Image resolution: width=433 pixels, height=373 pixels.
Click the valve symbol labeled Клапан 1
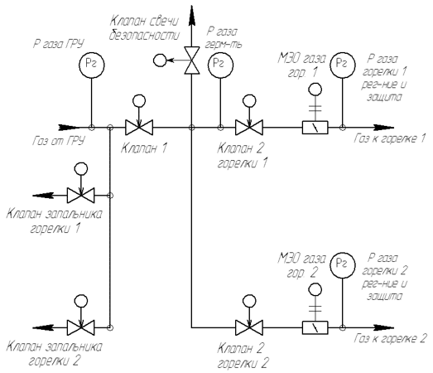(139, 128)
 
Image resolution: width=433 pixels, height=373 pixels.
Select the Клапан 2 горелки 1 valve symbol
(249, 128)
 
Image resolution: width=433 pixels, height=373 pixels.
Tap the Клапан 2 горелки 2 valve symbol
(249, 327)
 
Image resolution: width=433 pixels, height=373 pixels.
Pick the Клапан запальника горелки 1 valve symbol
(81, 196)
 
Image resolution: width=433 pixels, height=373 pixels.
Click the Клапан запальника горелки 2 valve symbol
(81, 327)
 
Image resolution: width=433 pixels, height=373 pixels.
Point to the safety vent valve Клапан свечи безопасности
(191, 60)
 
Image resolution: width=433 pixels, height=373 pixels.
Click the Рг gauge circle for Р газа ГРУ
(92, 65)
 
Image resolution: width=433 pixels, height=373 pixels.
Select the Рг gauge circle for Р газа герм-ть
(220, 65)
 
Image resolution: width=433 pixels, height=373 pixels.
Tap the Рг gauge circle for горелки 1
(343, 65)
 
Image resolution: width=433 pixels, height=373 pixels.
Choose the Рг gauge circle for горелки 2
(343, 264)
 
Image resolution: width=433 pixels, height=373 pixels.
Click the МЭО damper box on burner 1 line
(315, 128)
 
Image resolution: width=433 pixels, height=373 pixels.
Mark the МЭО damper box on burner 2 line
(315, 327)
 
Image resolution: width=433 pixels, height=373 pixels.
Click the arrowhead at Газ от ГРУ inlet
(69, 128)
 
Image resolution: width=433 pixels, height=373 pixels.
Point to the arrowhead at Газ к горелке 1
(383, 128)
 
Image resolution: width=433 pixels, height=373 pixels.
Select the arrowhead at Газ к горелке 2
(383, 327)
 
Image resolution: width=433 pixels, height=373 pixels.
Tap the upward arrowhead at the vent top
(191, 16)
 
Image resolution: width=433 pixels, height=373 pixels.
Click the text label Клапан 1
(144, 148)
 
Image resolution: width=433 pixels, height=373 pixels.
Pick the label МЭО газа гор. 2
(302, 265)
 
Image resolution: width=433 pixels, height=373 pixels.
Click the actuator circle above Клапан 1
(139, 101)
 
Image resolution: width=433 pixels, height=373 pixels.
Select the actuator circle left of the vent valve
(160, 60)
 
